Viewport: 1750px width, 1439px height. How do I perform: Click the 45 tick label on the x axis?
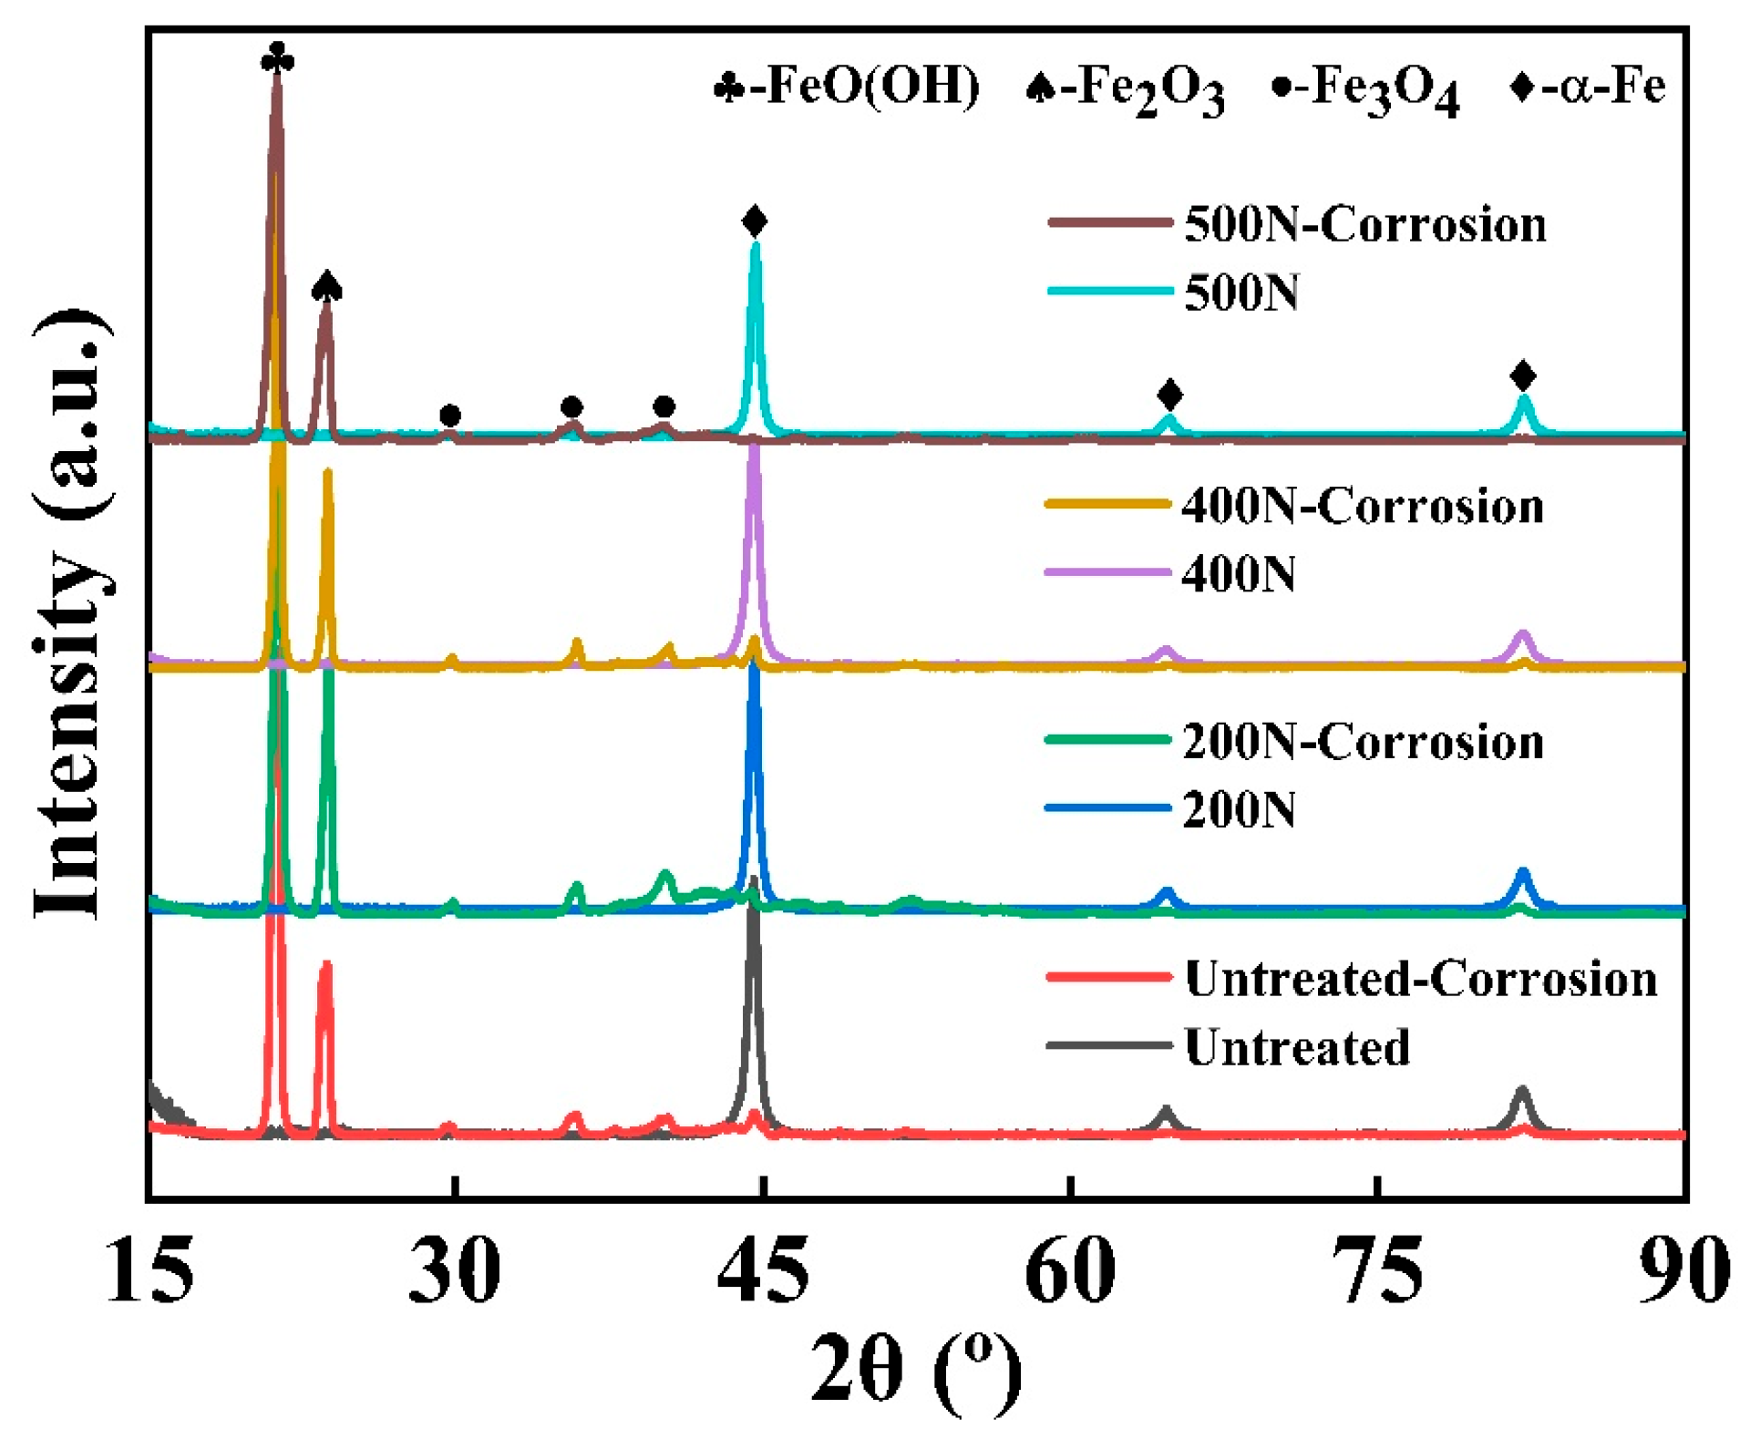click(763, 1270)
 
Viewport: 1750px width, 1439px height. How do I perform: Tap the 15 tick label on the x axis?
click(150, 1270)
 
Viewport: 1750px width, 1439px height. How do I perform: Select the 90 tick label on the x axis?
click(1683, 1270)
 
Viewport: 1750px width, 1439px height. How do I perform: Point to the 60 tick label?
click(1070, 1270)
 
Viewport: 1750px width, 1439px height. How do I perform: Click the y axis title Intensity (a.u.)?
click(73, 615)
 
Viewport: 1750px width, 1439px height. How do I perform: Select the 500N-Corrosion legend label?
click(1364, 224)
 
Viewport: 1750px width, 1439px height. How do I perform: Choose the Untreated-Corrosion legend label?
click(1420, 979)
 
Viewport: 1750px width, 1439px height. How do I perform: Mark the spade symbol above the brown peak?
click(326, 287)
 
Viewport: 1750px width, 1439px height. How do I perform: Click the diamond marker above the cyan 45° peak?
click(755, 221)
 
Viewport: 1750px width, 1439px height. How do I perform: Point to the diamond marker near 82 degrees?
click(1523, 375)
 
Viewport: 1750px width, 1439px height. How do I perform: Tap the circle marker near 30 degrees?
click(450, 416)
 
